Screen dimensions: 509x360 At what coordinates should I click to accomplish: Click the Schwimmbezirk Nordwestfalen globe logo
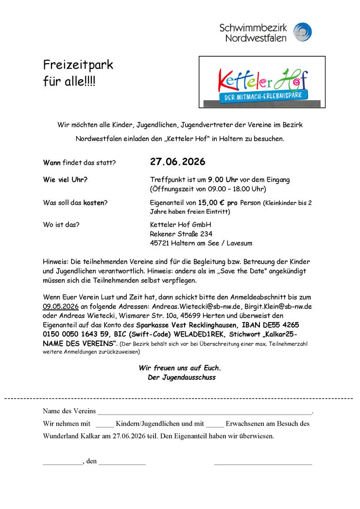point(303,32)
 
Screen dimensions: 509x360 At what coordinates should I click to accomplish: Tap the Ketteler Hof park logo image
point(262,82)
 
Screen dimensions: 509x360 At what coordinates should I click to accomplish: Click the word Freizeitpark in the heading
point(78,65)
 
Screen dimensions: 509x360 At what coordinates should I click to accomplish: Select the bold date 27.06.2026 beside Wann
point(178,162)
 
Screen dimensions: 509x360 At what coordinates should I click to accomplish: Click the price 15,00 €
point(214,203)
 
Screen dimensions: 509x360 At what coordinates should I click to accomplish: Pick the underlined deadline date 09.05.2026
point(61,306)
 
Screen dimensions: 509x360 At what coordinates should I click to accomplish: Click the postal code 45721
point(160,243)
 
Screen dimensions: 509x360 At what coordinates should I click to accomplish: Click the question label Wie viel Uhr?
point(66,180)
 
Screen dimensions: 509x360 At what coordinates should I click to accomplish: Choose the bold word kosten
point(94,203)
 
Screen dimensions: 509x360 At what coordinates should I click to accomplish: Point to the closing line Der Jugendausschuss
point(182,377)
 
